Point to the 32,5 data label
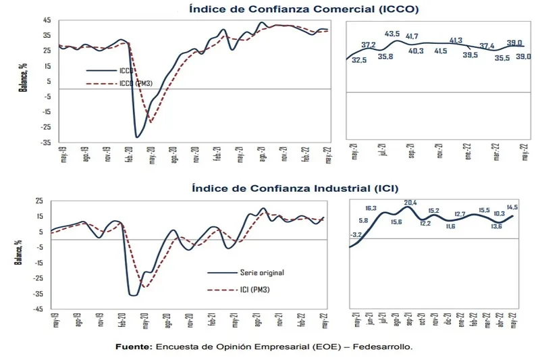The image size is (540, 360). click(360, 60)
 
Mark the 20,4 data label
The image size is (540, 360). click(410, 202)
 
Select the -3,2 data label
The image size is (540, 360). click(356, 234)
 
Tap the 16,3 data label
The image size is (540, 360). click(371, 208)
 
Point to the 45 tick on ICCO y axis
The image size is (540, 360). click(47, 20)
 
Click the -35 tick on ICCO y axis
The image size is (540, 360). click(46, 143)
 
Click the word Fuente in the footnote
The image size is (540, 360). click(134, 346)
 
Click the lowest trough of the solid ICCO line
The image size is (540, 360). click(137, 137)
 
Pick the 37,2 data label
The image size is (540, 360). click(368, 45)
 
